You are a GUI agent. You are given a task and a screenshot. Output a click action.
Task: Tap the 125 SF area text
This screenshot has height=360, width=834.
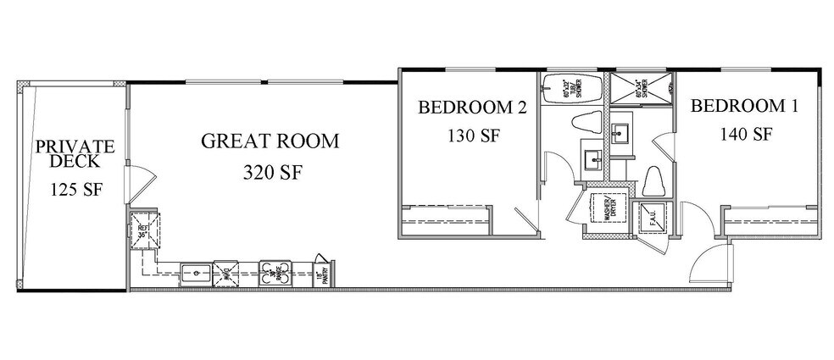(x=75, y=189)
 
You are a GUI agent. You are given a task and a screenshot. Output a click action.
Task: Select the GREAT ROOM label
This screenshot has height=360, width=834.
(x=269, y=141)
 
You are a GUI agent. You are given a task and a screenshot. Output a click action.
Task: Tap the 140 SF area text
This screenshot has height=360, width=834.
(x=745, y=134)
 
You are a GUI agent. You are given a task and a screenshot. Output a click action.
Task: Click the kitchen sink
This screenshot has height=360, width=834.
(x=197, y=273)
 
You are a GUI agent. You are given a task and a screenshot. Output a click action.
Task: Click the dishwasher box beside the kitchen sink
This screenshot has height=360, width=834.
(x=226, y=273)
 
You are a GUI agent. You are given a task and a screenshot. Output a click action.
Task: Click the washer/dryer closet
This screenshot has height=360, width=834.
(x=608, y=211)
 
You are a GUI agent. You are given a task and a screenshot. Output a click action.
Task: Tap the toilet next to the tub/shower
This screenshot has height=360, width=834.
(x=587, y=123)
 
